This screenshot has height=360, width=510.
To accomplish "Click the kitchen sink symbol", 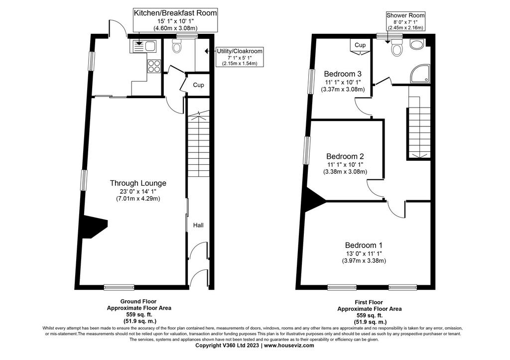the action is (143, 46).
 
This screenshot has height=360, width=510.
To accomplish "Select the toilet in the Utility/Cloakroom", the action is (177, 46).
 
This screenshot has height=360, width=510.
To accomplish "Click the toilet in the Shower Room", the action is (397, 48).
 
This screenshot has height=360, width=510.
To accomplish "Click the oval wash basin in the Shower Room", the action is (416, 44).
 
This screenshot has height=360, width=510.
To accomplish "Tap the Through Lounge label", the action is (138, 183).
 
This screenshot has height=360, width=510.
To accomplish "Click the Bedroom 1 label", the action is (364, 245).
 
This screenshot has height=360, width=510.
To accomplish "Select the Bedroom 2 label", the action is (345, 156).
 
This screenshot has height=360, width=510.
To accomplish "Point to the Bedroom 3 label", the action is (343, 74).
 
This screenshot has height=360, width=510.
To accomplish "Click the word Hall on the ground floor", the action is (198, 225).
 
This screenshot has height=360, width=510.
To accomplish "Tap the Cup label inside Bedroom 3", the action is (360, 45).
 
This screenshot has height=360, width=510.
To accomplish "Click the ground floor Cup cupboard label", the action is (198, 85).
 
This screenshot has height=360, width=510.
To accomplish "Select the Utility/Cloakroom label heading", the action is (240, 51).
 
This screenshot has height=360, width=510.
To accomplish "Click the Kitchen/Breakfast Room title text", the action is (175, 13).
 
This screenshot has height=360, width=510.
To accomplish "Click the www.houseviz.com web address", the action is (289, 346).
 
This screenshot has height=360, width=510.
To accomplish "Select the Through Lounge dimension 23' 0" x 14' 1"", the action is (138, 192).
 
